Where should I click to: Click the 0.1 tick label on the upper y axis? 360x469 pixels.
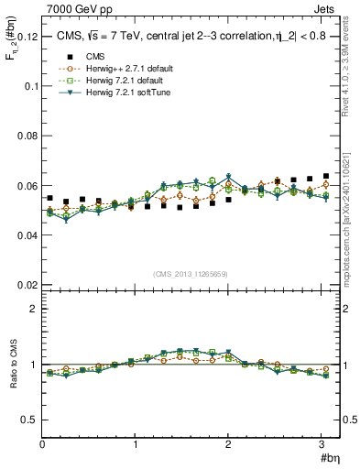30,86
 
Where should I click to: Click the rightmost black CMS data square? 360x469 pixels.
326,176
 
